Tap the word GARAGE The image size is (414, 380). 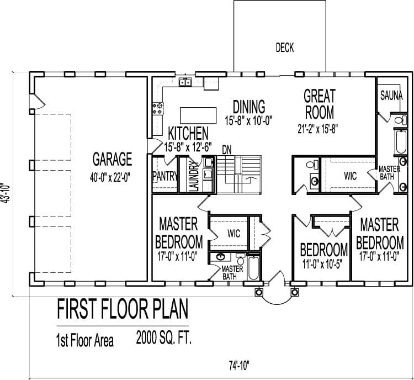tap(112, 160)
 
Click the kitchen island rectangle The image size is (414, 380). tap(197, 114)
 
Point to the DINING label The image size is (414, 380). tap(248, 106)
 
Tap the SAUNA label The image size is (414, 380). tap(391, 96)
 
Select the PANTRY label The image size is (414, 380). tap(164, 176)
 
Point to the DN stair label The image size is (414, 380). tap(226, 149)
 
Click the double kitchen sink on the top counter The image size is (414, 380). tap(184, 83)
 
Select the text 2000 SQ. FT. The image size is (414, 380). tap(164, 339)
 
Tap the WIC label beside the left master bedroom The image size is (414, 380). tap(233, 234)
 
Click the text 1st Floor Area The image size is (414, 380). tap(84, 340)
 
